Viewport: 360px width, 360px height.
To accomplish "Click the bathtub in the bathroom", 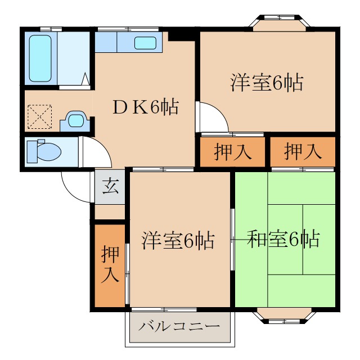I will pos(40,58).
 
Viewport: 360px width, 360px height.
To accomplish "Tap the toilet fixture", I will pos(45,151).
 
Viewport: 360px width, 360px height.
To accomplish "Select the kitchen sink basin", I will pos(146,42).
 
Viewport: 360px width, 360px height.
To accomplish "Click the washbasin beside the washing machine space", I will pos(75,120).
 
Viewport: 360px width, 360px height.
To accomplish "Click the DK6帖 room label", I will pos(145,106).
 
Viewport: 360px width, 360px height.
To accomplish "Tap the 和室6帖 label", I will pos(283,239).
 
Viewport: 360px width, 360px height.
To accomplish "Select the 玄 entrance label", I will pos(110,186).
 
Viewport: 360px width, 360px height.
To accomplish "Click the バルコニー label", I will pos(179,326).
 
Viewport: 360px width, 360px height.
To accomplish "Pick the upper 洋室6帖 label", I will pos(267,83).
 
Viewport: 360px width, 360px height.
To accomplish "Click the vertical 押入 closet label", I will pos(110,264).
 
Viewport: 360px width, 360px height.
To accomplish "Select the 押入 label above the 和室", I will pos(303,152).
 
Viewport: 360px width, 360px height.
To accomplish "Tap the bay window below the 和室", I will pos(285,316).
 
